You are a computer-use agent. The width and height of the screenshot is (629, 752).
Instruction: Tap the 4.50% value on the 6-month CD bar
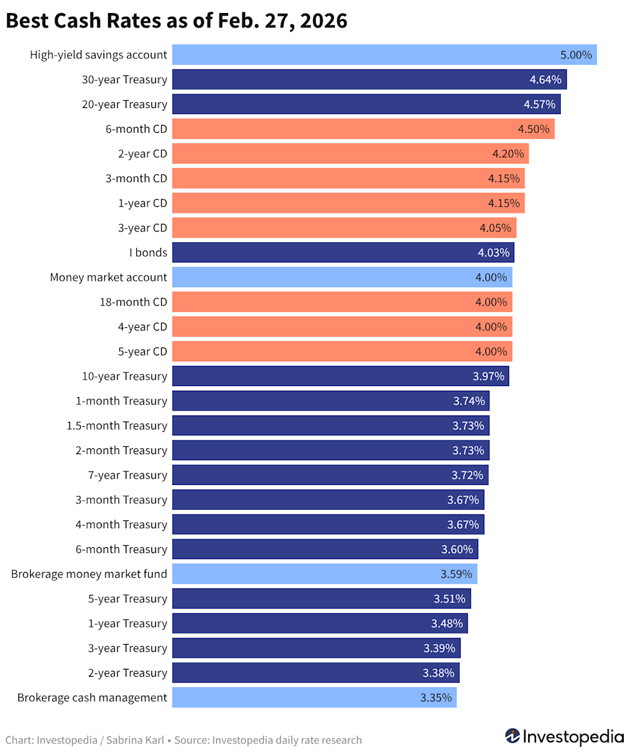533,129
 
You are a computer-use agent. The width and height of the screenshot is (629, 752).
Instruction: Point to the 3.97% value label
487,376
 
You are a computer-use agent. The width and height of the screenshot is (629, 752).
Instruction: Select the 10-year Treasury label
124,376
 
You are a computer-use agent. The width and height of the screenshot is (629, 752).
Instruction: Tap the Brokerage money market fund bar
324,574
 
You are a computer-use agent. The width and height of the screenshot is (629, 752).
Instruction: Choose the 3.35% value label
436,698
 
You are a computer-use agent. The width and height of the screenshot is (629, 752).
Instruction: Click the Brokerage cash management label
92,698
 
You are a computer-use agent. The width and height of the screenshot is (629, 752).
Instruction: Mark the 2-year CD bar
350,154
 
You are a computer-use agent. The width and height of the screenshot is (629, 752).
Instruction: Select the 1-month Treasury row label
122,401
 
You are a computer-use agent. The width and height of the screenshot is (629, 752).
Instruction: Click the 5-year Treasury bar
321,599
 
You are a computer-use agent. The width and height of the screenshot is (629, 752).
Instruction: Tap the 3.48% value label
447,624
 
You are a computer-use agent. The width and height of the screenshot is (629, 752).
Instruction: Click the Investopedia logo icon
512,736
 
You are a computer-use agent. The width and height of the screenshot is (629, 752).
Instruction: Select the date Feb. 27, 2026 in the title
276,21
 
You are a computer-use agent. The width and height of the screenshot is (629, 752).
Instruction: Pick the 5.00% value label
576,55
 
